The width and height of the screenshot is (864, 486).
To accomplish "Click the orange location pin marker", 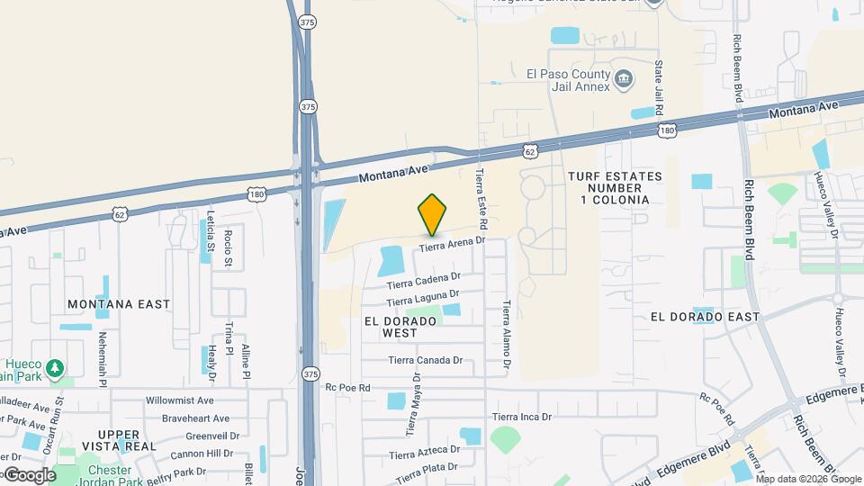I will click(432, 214).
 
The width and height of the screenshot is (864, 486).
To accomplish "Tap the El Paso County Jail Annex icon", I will click(623, 81).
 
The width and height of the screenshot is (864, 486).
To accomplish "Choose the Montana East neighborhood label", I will click(119, 304).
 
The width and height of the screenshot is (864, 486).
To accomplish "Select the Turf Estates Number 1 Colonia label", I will click(616, 188).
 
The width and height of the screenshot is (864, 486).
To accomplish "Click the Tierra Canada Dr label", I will click(425, 361).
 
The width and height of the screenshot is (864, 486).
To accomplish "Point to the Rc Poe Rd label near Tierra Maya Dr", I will click(347, 388).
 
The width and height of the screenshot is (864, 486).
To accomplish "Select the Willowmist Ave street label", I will click(179, 400).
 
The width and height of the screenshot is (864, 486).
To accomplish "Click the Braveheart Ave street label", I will click(195, 418).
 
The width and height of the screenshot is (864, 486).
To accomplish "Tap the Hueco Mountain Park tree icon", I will click(55, 368).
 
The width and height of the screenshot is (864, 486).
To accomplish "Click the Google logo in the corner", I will click(30, 475).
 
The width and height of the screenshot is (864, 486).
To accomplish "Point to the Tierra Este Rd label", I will click(482, 198).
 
